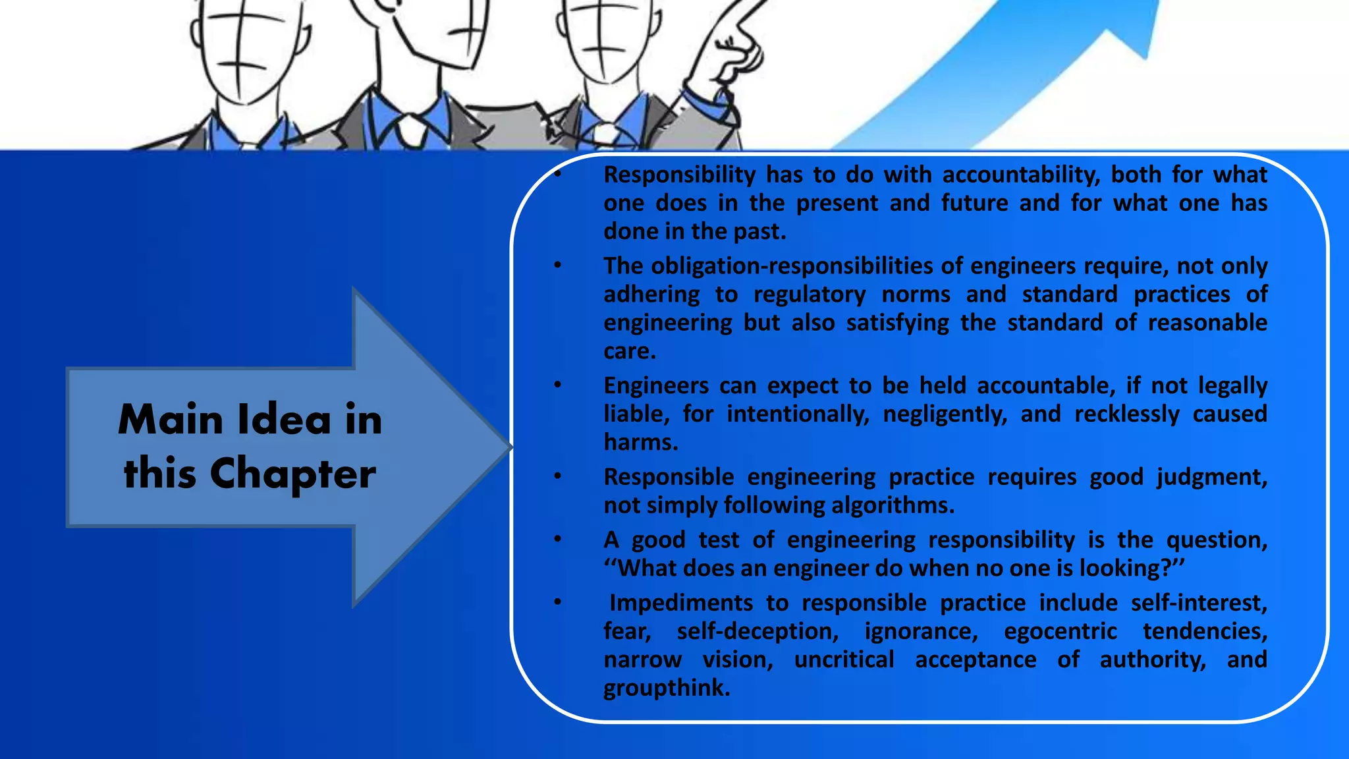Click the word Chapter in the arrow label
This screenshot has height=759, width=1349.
[x=292, y=474]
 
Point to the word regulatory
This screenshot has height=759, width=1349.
[x=810, y=295]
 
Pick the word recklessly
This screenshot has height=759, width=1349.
[x=1127, y=414]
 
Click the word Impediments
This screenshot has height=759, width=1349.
[x=680, y=603]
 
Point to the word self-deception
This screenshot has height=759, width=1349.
[x=757, y=631]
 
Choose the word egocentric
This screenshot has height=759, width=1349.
[x=1060, y=631]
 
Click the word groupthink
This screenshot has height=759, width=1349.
[x=667, y=689]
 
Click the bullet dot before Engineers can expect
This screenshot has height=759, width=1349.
[x=557, y=385]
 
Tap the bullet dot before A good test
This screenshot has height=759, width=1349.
[x=557, y=540]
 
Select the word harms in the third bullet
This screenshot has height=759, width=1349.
[x=640, y=442]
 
